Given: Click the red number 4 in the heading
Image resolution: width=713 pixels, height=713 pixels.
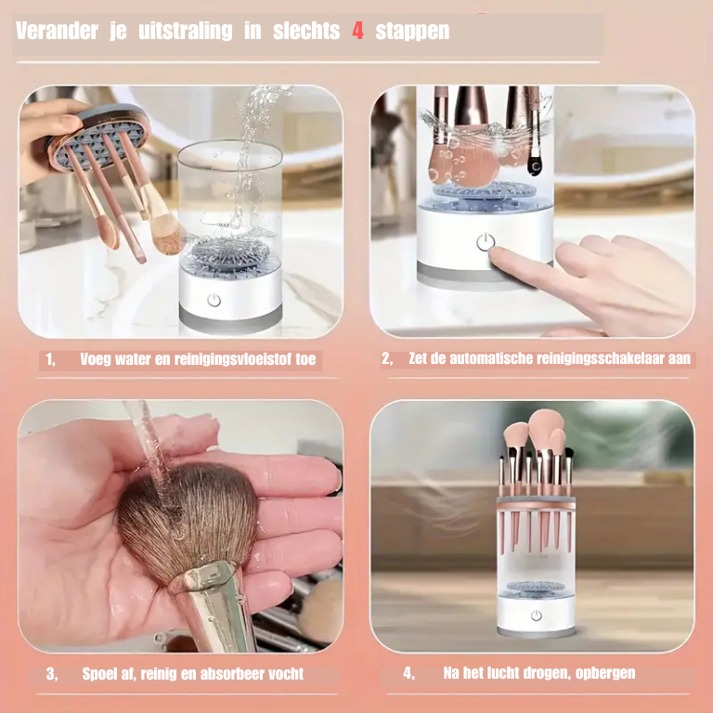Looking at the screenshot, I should tap(357, 32).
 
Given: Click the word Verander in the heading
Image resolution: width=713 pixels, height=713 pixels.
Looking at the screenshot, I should tap(57, 32).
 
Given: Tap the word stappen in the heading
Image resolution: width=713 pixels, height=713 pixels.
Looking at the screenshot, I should tap(412, 32).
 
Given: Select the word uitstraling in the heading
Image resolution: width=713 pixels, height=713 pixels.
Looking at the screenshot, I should tap(185, 32).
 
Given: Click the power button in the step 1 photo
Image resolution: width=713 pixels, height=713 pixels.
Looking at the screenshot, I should tap(214, 300).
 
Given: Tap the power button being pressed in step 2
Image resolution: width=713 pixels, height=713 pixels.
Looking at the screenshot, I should tap(485, 242).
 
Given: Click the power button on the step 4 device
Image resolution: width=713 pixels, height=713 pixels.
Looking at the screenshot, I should tap(536, 616).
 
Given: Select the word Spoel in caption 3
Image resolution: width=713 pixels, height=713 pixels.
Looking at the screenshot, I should tap(100, 674).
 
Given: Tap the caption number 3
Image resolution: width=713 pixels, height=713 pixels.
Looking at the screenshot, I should tap(51, 674).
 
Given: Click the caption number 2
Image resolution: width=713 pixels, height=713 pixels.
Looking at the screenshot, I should tap(387, 359).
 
